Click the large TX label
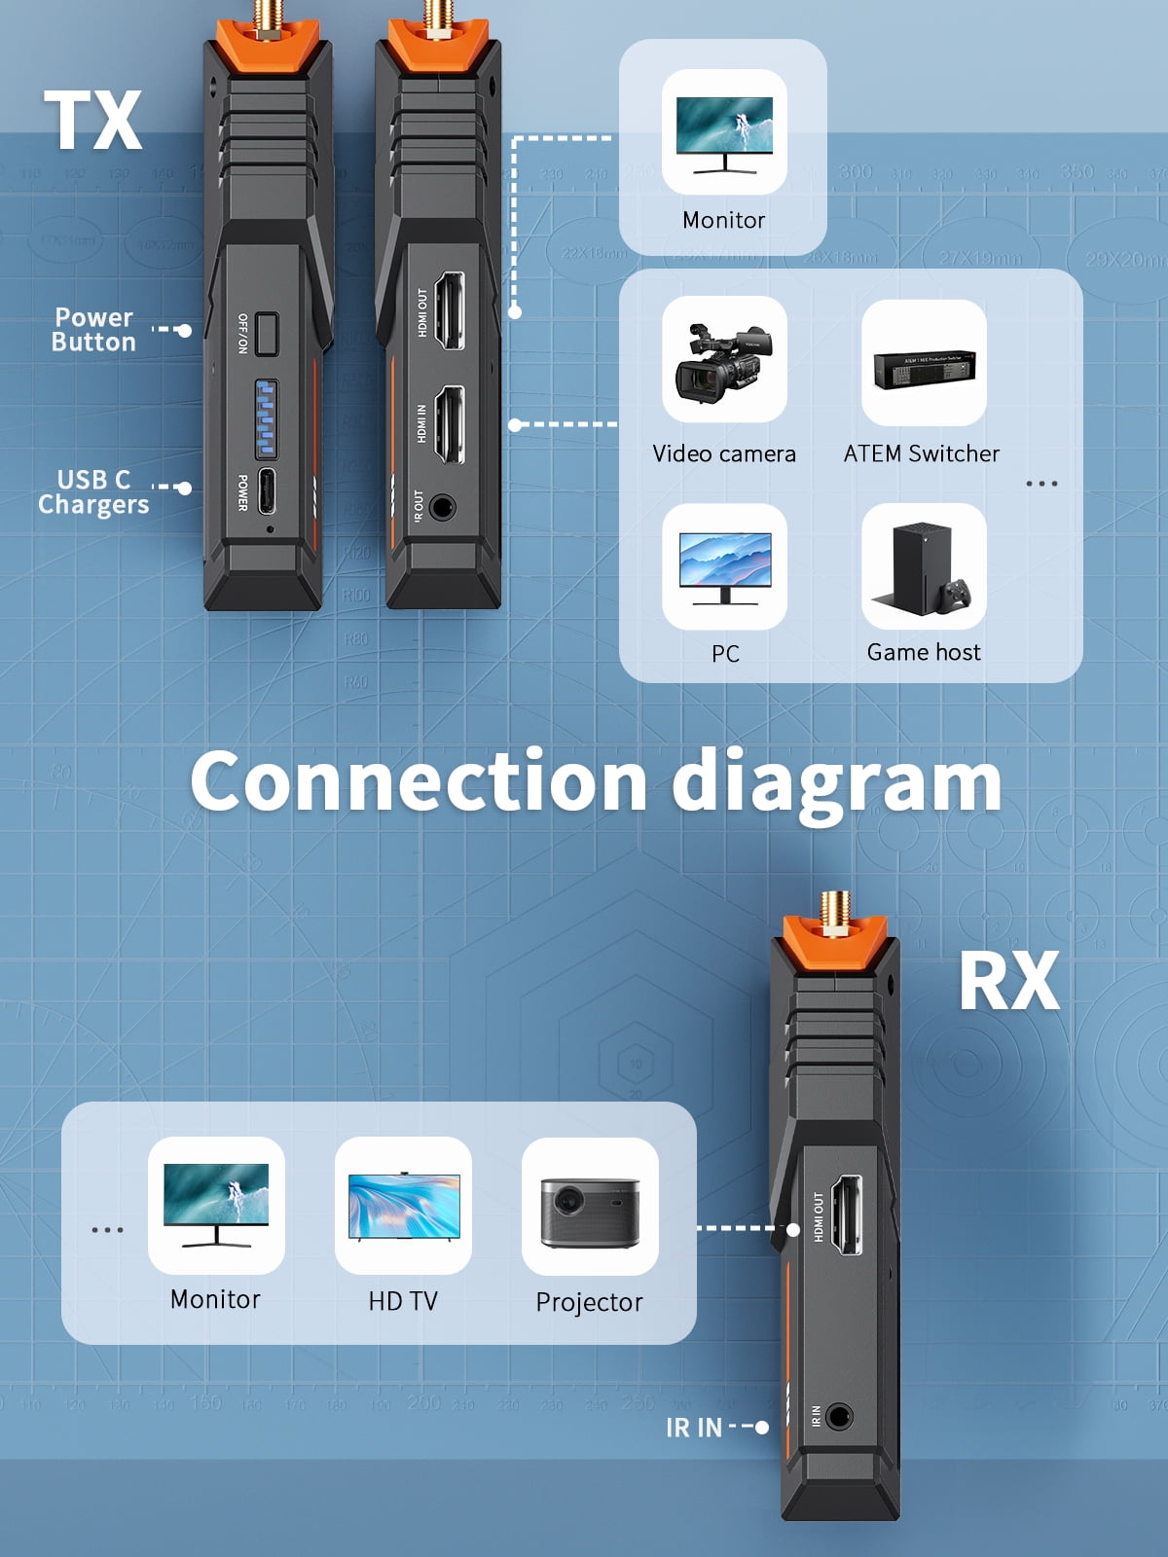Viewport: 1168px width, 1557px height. point(93,121)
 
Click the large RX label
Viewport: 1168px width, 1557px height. point(1008,981)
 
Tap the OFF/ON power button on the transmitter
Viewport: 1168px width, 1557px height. point(267,333)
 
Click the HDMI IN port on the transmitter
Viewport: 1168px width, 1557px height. point(448,424)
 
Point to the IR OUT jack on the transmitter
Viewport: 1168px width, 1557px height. point(442,507)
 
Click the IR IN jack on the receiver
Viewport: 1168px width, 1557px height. point(839,1416)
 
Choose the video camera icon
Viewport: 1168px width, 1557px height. point(724,359)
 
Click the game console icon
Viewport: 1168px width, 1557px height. point(924,567)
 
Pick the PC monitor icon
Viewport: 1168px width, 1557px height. point(724,567)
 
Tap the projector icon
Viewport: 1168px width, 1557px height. point(590,1207)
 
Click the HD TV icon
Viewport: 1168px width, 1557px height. point(403,1207)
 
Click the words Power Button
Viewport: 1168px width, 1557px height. point(93,330)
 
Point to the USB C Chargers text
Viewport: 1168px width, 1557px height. point(93,492)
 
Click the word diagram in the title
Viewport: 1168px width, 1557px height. point(837,784)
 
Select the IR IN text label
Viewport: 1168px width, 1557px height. point(694,1428)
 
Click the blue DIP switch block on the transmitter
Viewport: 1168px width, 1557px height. point(266,418)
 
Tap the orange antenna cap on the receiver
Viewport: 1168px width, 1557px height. point(835,942)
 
